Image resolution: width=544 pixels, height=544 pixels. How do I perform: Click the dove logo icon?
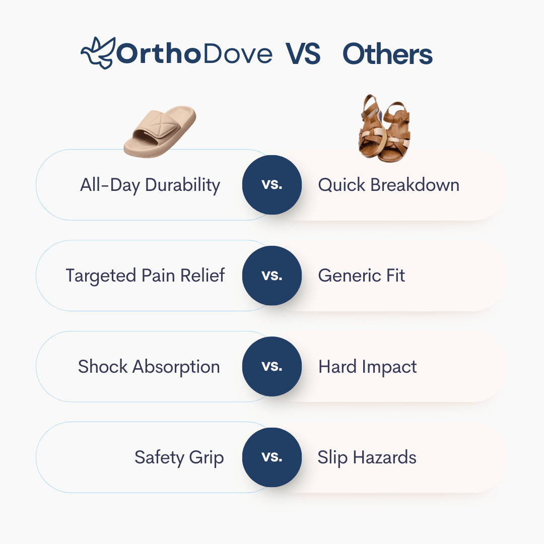[x=98, y=53]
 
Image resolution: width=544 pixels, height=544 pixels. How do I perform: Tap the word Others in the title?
[x=387, y=54]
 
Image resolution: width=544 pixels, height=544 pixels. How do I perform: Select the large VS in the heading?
[x=303, y=54]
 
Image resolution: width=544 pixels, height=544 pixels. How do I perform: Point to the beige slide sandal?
[x=160, y=131]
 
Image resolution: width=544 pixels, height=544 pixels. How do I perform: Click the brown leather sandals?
[x=384, y=128]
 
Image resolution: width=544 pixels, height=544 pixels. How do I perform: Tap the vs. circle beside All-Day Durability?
[x=272, y=184]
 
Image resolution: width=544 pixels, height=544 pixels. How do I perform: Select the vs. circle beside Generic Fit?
[x=272, y=276]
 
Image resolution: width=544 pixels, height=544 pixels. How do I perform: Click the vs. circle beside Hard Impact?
[x=272, y=366]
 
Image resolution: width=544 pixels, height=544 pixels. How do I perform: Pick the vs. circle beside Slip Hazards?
[x=272, y=457]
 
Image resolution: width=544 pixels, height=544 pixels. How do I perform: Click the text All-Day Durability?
[x=150, y=185]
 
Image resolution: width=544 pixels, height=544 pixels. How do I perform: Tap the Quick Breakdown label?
[x=388, y=185]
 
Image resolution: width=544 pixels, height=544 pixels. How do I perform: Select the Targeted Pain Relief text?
[x=146, y=276]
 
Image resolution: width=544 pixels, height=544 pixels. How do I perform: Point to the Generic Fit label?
[x=362, y=276]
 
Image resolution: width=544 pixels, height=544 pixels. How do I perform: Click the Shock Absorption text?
[x=149, y=367]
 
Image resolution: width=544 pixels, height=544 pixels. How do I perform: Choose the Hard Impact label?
[x=368, y=367]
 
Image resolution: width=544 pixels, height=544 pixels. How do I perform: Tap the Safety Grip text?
[x=179, y=458]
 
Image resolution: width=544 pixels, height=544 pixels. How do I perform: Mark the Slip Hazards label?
[x=367, y=457]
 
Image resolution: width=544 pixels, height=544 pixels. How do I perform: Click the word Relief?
[x=202, y=276]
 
